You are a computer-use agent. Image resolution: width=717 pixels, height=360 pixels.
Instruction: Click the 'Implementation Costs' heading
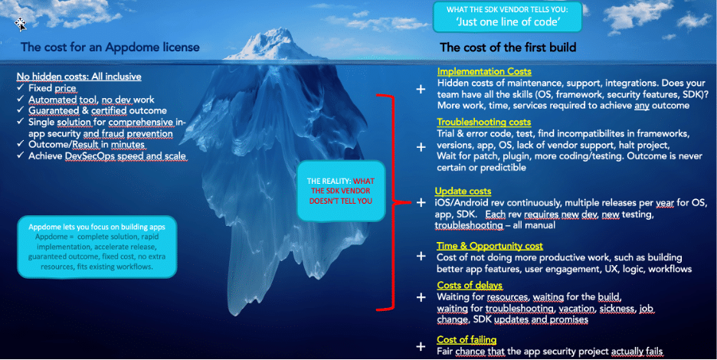point(484,71)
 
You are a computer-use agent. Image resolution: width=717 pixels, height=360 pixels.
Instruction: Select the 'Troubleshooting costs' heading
point(484,122)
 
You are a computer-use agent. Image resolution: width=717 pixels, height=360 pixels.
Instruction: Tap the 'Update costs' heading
point(463,191)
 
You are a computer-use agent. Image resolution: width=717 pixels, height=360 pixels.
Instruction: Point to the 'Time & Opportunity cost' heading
point(489,246)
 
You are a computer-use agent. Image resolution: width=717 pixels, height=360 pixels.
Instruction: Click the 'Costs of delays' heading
point(470,286)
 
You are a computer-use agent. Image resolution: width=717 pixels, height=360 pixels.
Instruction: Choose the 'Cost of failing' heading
point(467,339)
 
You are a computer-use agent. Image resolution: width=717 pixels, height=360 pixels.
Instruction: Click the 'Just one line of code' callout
point(507,17)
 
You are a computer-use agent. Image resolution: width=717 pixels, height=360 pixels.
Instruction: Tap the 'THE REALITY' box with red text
point(341,191)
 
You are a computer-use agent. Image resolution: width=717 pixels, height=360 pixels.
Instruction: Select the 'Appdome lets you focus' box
point(97,247)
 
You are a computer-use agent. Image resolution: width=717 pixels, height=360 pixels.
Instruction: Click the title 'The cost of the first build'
point(508,47)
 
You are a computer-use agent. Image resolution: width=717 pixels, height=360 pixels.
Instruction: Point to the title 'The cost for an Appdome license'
point(110,47)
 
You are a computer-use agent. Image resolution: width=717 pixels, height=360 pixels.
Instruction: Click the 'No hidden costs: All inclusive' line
point(79,77)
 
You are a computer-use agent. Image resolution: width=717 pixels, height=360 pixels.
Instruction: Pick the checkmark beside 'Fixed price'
point(20,87)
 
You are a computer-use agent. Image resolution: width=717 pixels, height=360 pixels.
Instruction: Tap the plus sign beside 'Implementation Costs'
point(421,89)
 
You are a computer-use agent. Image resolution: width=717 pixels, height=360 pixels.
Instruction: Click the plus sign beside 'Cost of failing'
point(421,347)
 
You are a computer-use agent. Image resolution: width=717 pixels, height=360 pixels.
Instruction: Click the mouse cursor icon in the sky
point(20,24)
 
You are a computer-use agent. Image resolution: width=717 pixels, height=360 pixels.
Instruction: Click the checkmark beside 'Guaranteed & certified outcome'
point(20,110)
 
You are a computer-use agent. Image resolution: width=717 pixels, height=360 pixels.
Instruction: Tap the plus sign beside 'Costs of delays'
point(421,298)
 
